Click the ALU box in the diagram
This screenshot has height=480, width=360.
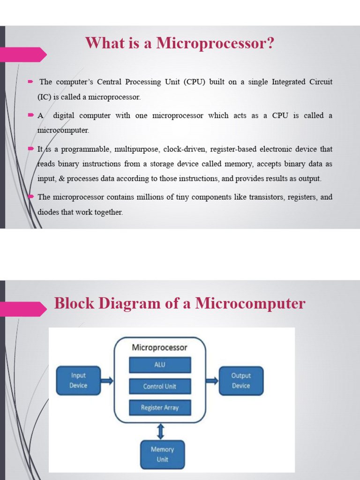coord(160,365)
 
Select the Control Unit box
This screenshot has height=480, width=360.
coord(160,386)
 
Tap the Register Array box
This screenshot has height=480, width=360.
coord(160,408)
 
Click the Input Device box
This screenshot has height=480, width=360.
coord(78,380)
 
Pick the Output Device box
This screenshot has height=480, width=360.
coord(241,380)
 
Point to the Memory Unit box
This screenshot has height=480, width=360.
coord(162,454)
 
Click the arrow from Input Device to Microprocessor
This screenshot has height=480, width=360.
coord(107,381)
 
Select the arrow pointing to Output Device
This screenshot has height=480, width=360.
coord(212,381)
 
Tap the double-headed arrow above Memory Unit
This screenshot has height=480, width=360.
coord(161,431)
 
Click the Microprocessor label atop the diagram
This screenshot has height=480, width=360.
coord(159,347)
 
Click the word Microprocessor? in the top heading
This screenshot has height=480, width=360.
coord(215,44)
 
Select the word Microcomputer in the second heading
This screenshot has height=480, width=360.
coord(250,303)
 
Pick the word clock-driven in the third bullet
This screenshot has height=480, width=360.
coord(185,149)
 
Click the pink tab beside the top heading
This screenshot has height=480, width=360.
coord(23,54)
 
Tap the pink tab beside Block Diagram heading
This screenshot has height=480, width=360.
coord(23,308)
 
